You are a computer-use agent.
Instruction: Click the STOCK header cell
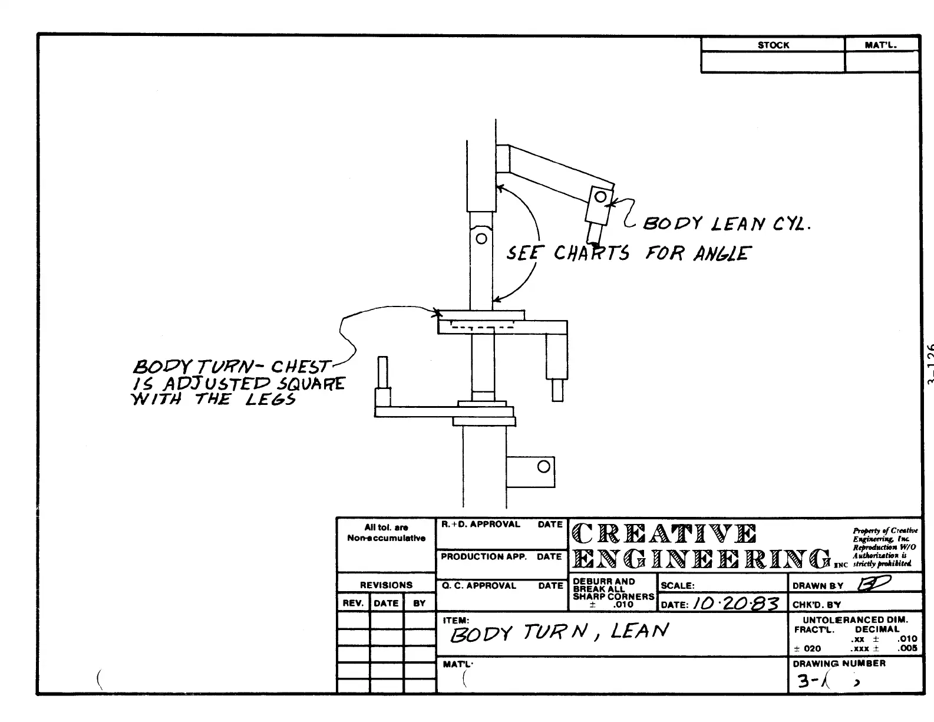click(x=773, y=45)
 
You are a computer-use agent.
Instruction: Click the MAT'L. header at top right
click(x=881, y=45)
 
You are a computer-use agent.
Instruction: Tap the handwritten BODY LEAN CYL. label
click(x=726, y=224)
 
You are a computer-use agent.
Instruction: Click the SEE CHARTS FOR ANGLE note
click(x=628, y=253)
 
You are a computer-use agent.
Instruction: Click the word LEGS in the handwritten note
click(x=270, y=400)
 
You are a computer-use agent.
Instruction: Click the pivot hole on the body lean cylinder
click(x=600, y=197)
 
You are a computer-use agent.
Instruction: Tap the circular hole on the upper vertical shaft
click(x=481, y=239)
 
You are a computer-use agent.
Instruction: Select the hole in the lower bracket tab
click(x=544, y=467)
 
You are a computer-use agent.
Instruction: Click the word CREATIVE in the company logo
click(x=664, y=534)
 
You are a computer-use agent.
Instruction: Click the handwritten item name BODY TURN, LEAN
click(x=559, y=633)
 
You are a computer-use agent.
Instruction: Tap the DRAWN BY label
click(x=818, y=586)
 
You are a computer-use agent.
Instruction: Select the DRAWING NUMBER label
click(x=839, y=664)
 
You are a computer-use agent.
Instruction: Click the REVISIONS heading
click(x=386, y=585)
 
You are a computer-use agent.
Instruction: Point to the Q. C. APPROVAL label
click(x=478, y=586)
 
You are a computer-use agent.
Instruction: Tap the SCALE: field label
click(x=678, y=586)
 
